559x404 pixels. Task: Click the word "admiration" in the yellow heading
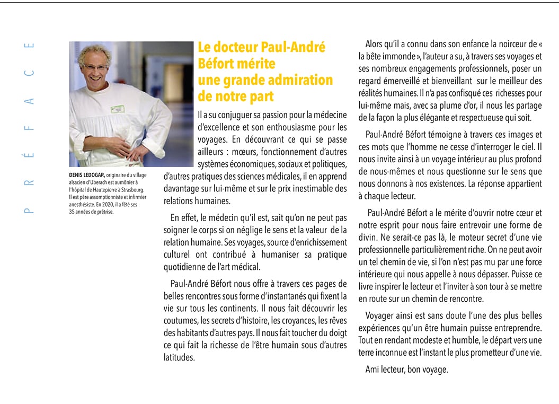300,80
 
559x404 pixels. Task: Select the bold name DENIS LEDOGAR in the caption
87,175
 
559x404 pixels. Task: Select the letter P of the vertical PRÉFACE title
29,210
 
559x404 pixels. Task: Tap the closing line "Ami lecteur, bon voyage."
406,370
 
